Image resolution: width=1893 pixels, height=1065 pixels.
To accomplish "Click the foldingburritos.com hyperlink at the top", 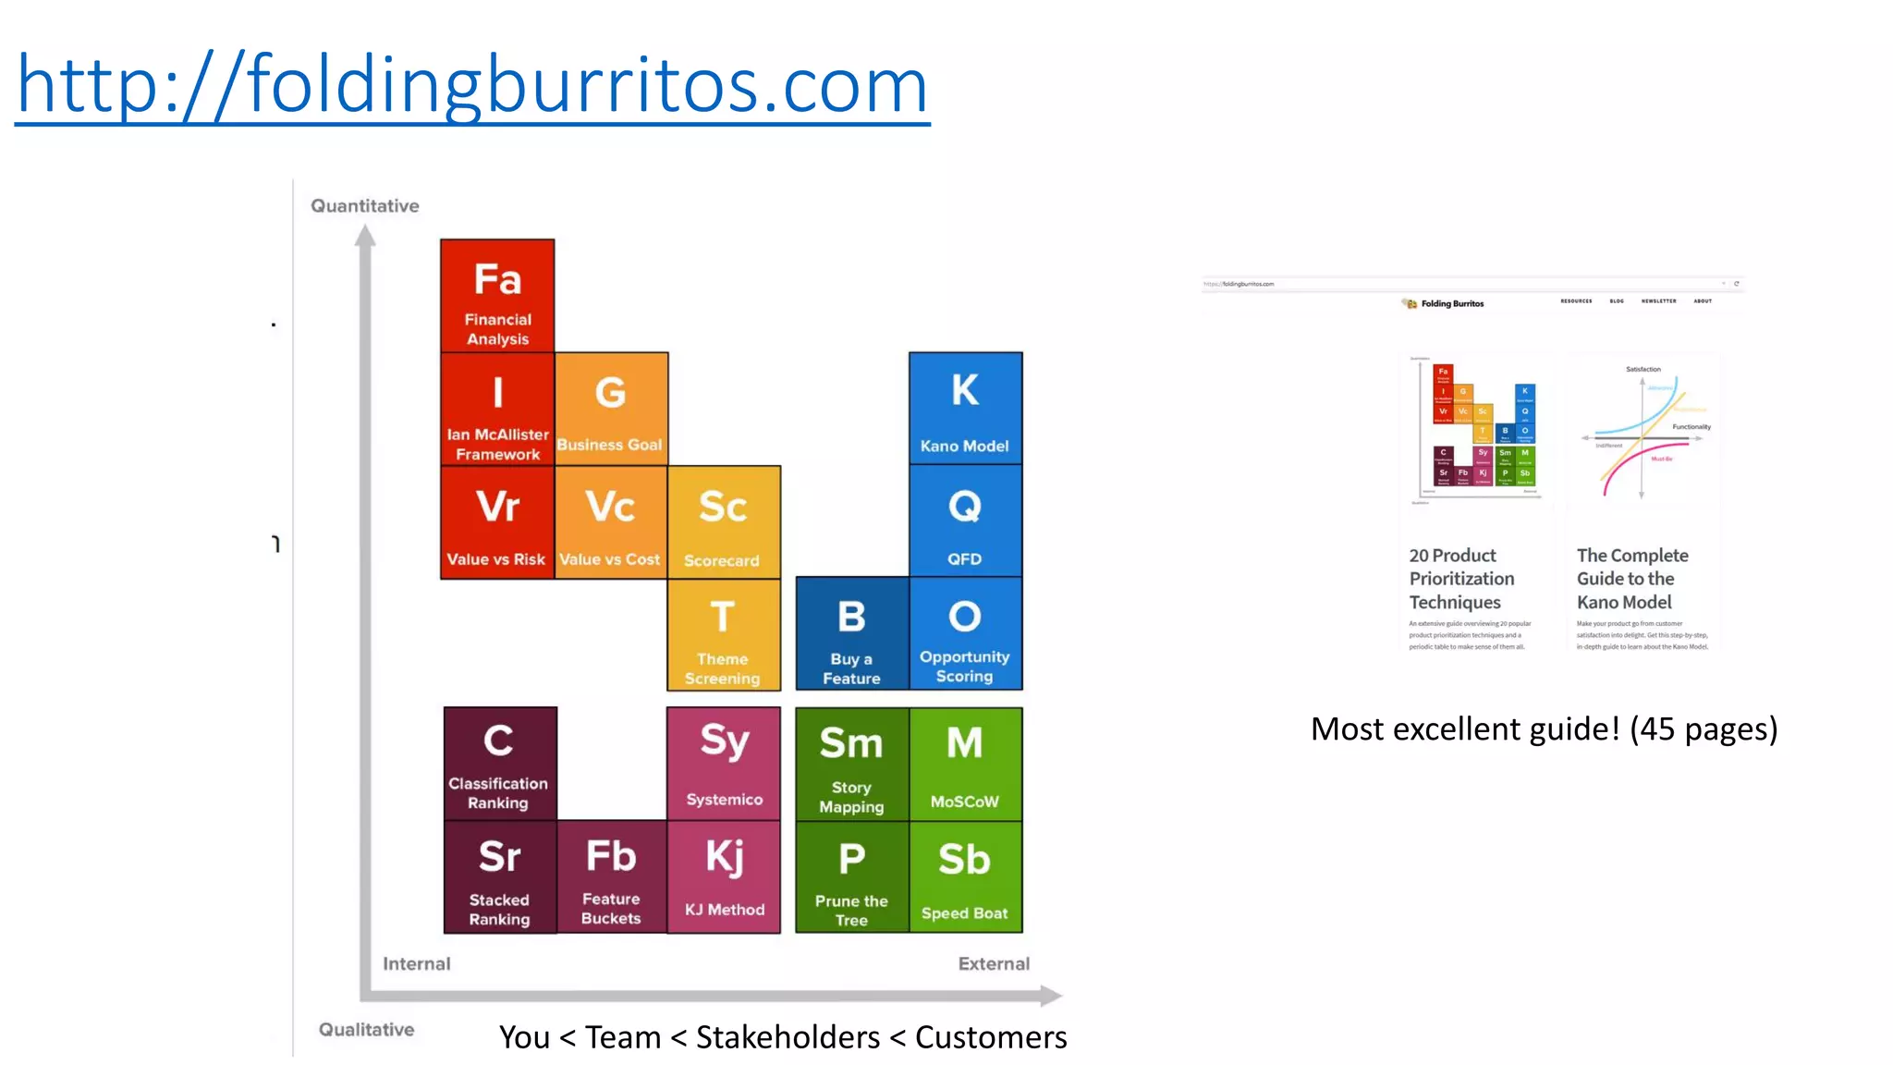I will [471, 85].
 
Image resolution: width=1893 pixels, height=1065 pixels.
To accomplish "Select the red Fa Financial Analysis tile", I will [497, 296].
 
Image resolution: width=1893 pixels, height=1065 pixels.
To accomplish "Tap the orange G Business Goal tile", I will [610, 409].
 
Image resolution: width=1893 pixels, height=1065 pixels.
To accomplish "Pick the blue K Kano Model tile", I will [965, 409].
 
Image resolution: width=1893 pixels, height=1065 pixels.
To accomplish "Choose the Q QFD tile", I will [965, 521].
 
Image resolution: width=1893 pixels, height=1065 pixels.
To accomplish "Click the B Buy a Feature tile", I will [851, 634].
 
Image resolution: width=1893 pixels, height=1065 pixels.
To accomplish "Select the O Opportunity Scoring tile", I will [965, 634].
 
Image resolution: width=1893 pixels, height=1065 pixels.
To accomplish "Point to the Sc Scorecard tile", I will [723, 522].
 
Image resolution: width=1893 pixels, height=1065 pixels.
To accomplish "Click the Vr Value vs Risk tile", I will [497, 522].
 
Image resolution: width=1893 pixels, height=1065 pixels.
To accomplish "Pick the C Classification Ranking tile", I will [499, 764].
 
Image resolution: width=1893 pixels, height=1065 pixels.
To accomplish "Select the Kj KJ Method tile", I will [724, 876].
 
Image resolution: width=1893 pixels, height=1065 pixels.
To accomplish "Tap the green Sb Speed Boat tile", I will [965, 876].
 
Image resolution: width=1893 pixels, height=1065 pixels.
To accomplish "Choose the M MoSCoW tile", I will [965, 764].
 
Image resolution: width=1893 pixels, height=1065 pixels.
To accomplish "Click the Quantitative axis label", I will [365, 206].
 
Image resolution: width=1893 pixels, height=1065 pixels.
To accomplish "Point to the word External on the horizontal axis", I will [994, 963].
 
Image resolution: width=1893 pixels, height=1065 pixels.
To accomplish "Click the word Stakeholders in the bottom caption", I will [788, 1037].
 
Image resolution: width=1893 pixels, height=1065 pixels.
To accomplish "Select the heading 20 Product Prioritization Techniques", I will [1461, 579].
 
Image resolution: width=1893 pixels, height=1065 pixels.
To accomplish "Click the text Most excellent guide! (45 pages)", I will [1544, 729].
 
